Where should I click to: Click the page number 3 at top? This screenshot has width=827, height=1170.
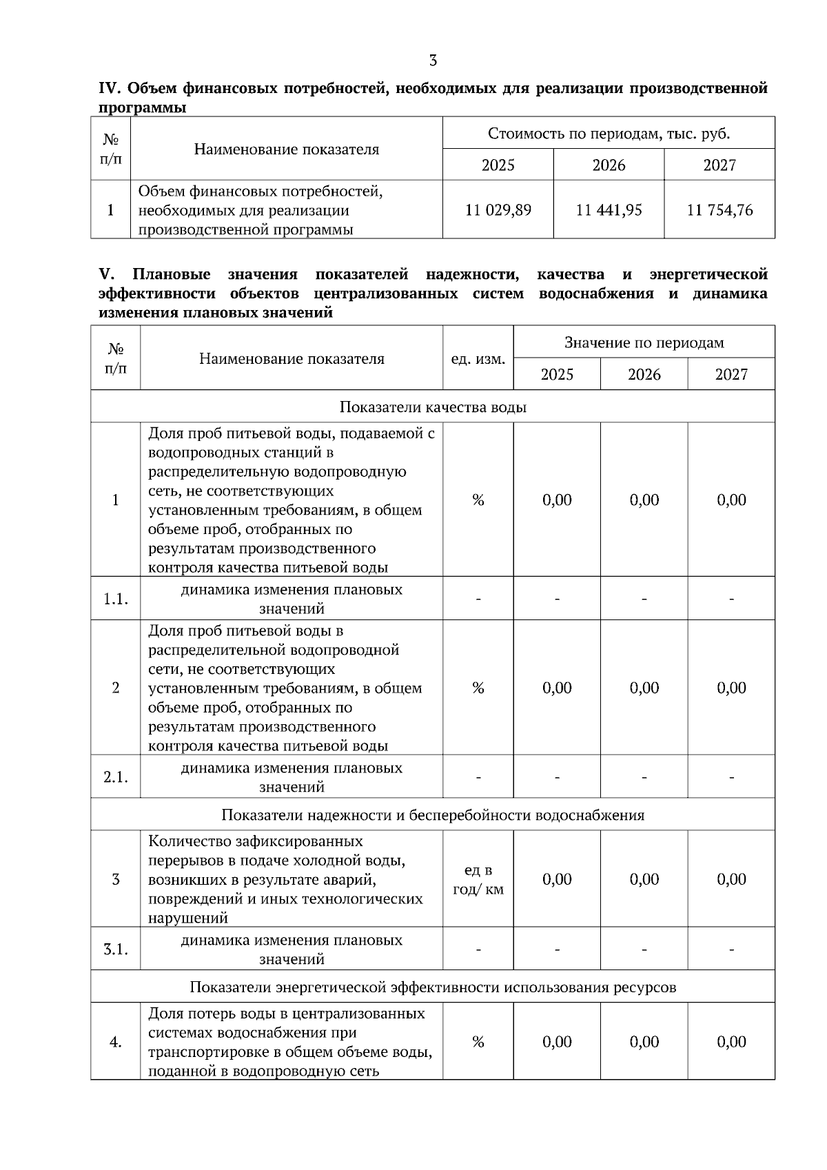click(x=433, y=61)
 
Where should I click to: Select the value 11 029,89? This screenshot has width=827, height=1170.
click(x=498, y=210)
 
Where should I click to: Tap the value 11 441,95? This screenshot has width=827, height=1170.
click(x=609, y=210)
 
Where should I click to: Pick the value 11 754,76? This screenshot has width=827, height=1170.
click(x=719, y=210)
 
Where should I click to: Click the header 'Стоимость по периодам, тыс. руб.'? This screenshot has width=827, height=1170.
click(x=609, y=133)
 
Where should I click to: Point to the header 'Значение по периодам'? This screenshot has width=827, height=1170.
click(x=644, y=342)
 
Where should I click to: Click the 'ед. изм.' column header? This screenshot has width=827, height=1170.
click(x=478, y=359)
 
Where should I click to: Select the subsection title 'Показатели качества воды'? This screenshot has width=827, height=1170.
click(x=433, y=407)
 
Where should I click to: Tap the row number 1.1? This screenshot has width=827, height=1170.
click(x=116, y=599)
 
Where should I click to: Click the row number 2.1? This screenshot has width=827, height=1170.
click(x=116, y=777)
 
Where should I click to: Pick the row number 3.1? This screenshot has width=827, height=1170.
click(x=116, y=950)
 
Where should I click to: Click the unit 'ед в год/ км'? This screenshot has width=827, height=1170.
click(x=478, y=880)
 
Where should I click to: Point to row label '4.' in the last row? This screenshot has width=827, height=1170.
click(x=116, y=1042)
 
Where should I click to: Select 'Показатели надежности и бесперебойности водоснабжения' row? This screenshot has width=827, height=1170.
click(x=433, y=815)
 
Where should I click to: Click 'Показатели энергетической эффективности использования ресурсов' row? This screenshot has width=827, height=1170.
click(x=433, y=987)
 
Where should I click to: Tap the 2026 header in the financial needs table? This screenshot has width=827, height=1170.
click(x=609, y=165)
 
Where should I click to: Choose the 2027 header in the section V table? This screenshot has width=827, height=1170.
click(x=731, y=374)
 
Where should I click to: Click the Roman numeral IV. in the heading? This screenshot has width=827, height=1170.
click(x=110, y=88)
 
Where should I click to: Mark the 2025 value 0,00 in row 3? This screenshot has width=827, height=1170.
click(x=557, y=879)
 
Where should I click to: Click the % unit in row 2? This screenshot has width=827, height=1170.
click(x=478, y=688)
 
